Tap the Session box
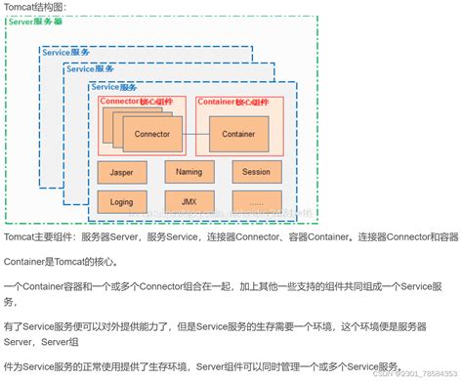point(257,173)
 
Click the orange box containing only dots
point(257,202)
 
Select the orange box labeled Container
point(238,134)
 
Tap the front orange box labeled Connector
point(152,134)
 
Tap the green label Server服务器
point(35,21)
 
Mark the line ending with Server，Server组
point(39,339)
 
